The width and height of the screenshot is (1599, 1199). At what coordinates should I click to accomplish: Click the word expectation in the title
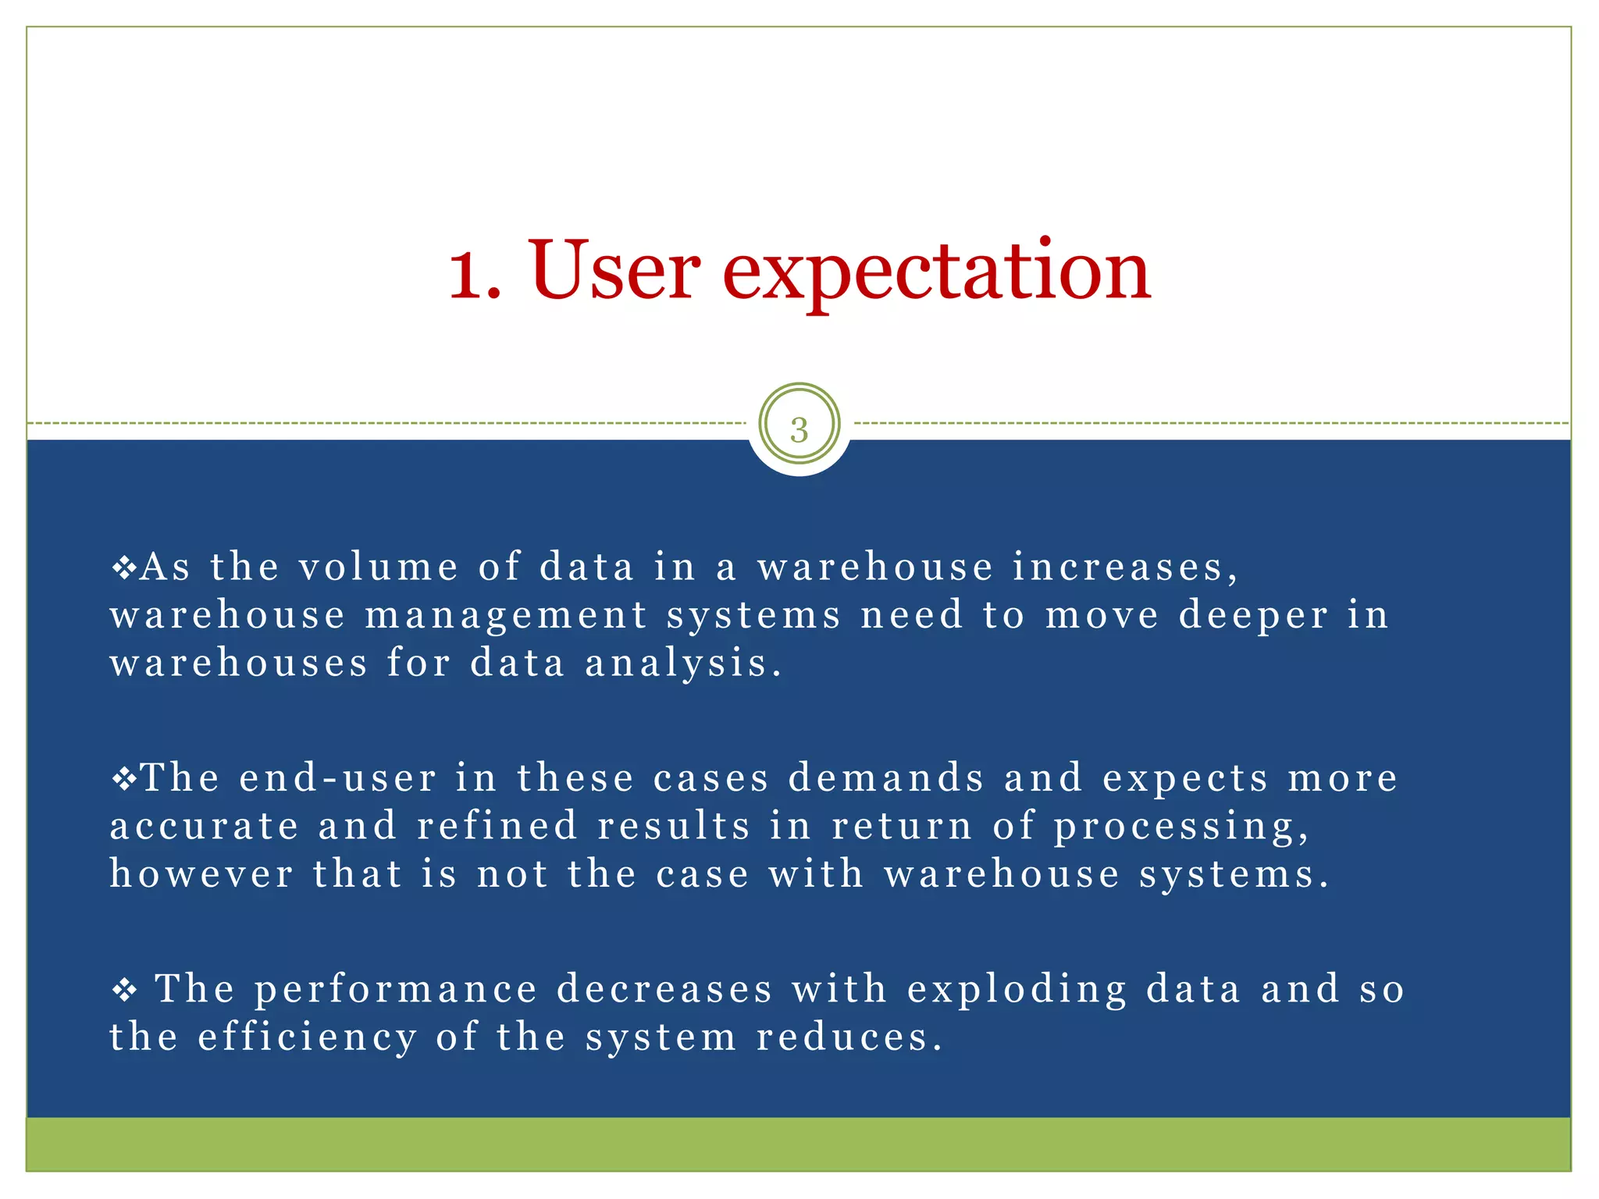[936, 273]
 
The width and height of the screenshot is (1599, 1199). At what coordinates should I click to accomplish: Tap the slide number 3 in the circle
[799, 430]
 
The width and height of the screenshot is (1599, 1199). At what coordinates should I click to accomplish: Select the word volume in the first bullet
[379, 567]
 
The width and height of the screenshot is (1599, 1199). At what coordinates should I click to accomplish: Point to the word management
[506, 617]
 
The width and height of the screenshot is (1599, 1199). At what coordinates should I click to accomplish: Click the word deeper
[1252, 617]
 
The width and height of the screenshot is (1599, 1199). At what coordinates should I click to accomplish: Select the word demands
[886, 778]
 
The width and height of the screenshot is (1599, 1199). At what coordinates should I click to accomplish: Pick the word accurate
[205, 827]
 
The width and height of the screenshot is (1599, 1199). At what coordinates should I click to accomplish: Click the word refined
[497, 826]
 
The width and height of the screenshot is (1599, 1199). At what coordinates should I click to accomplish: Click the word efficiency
[308, 1039]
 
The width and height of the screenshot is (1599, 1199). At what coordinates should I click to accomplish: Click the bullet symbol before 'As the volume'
[124, 567]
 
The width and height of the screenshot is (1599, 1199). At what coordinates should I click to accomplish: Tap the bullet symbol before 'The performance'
[124, 991]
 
